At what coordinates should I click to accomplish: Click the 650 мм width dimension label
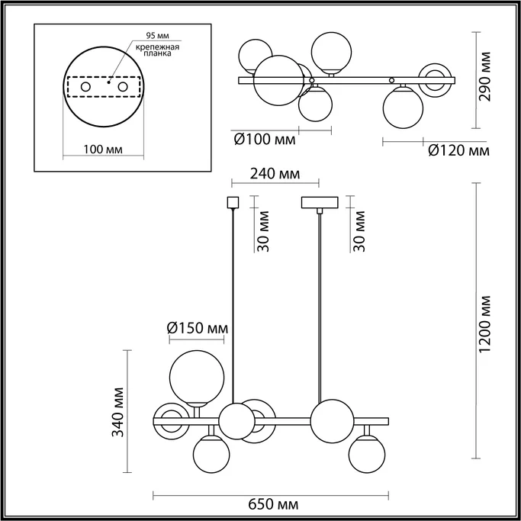[272, 505]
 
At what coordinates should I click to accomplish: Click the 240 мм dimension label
[275, 174]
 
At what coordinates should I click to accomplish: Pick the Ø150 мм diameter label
[198, 329]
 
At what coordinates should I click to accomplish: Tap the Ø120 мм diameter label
[458, 151]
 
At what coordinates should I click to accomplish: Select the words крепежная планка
[158, 50]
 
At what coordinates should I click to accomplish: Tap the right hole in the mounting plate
[121, 88]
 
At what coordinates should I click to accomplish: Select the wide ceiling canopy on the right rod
[320, 204]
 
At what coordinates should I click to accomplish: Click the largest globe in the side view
[196, 376]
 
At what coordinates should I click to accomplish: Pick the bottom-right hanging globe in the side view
[365, 455]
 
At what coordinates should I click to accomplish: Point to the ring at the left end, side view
[170, 419]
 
